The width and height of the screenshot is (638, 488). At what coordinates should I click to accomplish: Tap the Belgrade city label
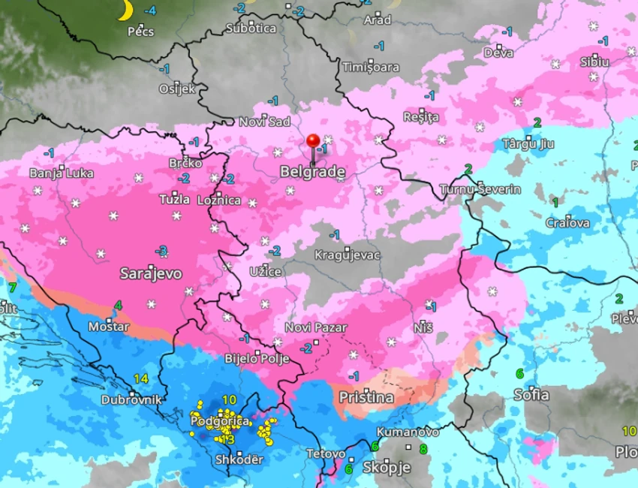(x=312, y=172)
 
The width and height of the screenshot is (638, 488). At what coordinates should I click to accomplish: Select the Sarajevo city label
(x=151, y=274)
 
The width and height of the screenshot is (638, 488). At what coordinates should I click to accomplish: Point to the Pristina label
(x=366, y=397)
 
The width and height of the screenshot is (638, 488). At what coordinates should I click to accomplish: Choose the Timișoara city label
(x=371, y=67)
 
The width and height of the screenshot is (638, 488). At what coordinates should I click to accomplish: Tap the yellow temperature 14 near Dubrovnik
(x=141, y=378)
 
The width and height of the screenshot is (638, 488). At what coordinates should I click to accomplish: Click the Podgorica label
(x=220, y=421)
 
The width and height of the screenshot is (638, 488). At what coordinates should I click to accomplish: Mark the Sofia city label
(x=531, y=395)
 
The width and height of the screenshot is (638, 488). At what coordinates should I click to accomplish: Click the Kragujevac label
(x=348, y=255)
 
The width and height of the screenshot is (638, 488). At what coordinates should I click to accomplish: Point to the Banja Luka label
(x=62, y=173)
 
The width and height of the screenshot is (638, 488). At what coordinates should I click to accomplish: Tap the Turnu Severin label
(x=480, y=189)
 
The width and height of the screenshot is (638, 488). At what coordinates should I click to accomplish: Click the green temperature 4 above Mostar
(x=118, y=306)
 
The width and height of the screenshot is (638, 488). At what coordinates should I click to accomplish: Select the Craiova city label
(x=567, y=223)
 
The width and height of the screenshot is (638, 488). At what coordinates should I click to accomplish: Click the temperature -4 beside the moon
(x=150, y=11)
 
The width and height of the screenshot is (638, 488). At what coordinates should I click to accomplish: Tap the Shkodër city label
(x=239, y=459)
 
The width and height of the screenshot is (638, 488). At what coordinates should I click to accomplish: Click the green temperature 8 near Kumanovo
(x=423, y=450)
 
